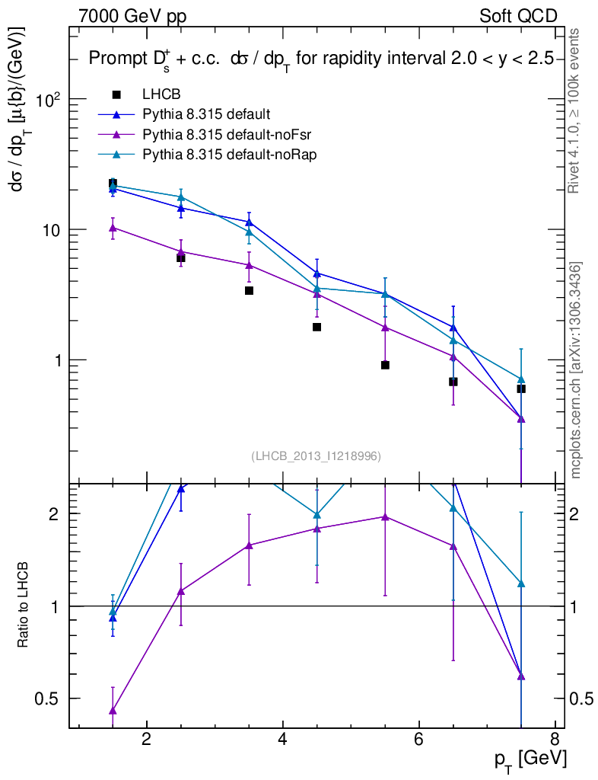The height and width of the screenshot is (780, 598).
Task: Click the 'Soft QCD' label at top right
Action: click(518, 16)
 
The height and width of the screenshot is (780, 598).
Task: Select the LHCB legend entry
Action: click(159, 94)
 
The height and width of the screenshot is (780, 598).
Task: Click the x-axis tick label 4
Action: click(282, 739)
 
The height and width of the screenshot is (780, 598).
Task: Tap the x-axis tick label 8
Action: click(555, 739)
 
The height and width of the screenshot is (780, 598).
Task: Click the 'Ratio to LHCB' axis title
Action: click(24, 606)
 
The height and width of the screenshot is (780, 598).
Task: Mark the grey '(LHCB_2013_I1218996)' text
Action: click(316, 456)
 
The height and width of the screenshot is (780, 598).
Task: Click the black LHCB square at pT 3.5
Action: click(249, 290)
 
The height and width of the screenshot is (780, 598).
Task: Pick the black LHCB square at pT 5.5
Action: click(385, 365)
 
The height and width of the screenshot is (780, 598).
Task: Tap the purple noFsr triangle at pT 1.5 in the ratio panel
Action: click(113, 711)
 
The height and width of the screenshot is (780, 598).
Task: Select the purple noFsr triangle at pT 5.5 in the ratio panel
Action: click(385, 516)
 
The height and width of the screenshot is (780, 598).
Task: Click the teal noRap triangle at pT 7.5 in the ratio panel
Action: click(521, 583)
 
